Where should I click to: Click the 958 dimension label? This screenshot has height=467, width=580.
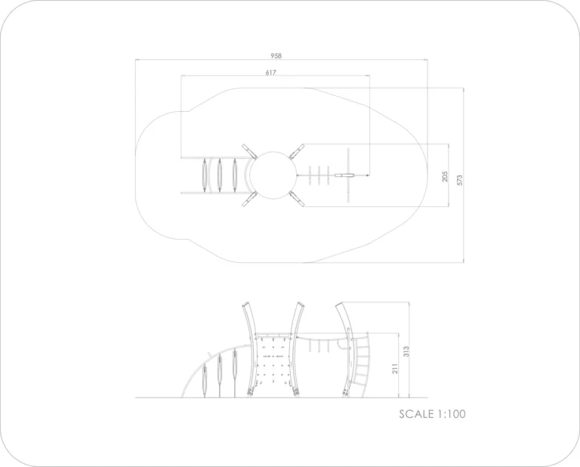(276, 56)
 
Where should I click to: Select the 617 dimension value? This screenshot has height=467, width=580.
(271, 73)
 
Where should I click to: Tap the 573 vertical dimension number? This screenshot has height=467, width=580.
(459, 180)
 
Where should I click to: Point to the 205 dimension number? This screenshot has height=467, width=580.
(445, 177)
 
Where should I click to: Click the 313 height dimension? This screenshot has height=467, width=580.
(406, 351)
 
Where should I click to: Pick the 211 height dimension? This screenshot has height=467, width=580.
(395, 369)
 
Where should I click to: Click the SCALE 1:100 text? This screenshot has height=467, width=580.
(432, 413)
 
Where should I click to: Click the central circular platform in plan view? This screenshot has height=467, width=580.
(273, 175)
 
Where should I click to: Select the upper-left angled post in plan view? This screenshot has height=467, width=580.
(250, 151)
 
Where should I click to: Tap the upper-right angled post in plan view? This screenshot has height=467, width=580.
(297, 151)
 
